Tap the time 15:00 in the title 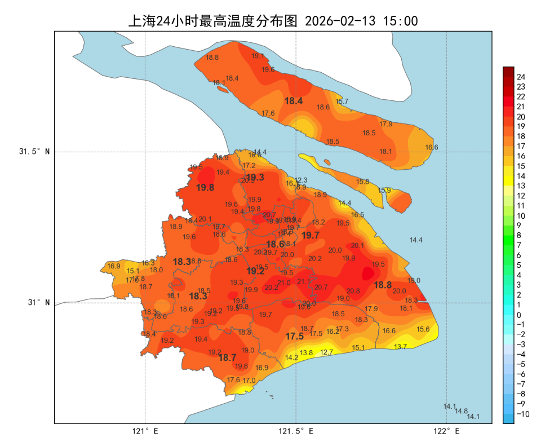[x=400, y=21]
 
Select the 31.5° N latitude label [x=34, y=152]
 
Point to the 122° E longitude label [x=447, y=431]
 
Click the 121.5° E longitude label [x=296, y=431]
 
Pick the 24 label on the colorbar [x=521, y=77]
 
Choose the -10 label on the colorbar [x=522, y=414]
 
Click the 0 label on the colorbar [x=518, y=315]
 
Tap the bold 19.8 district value [x=205, y=188]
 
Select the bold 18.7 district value [x=227, y=357]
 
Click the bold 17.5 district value [x=294, y=336]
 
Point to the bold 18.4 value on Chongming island [x=294, y=101]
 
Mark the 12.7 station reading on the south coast [x=327, y=352]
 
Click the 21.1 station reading [x=303, y=281]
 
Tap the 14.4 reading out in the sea [x=416, y=240]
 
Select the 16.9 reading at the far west [x=114, y=266]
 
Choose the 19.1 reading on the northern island [x=258, y=56]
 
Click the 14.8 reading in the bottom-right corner [x=462, y=411]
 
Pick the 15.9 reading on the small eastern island [x=384, y=191]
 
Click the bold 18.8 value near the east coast [x=383, y=285]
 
